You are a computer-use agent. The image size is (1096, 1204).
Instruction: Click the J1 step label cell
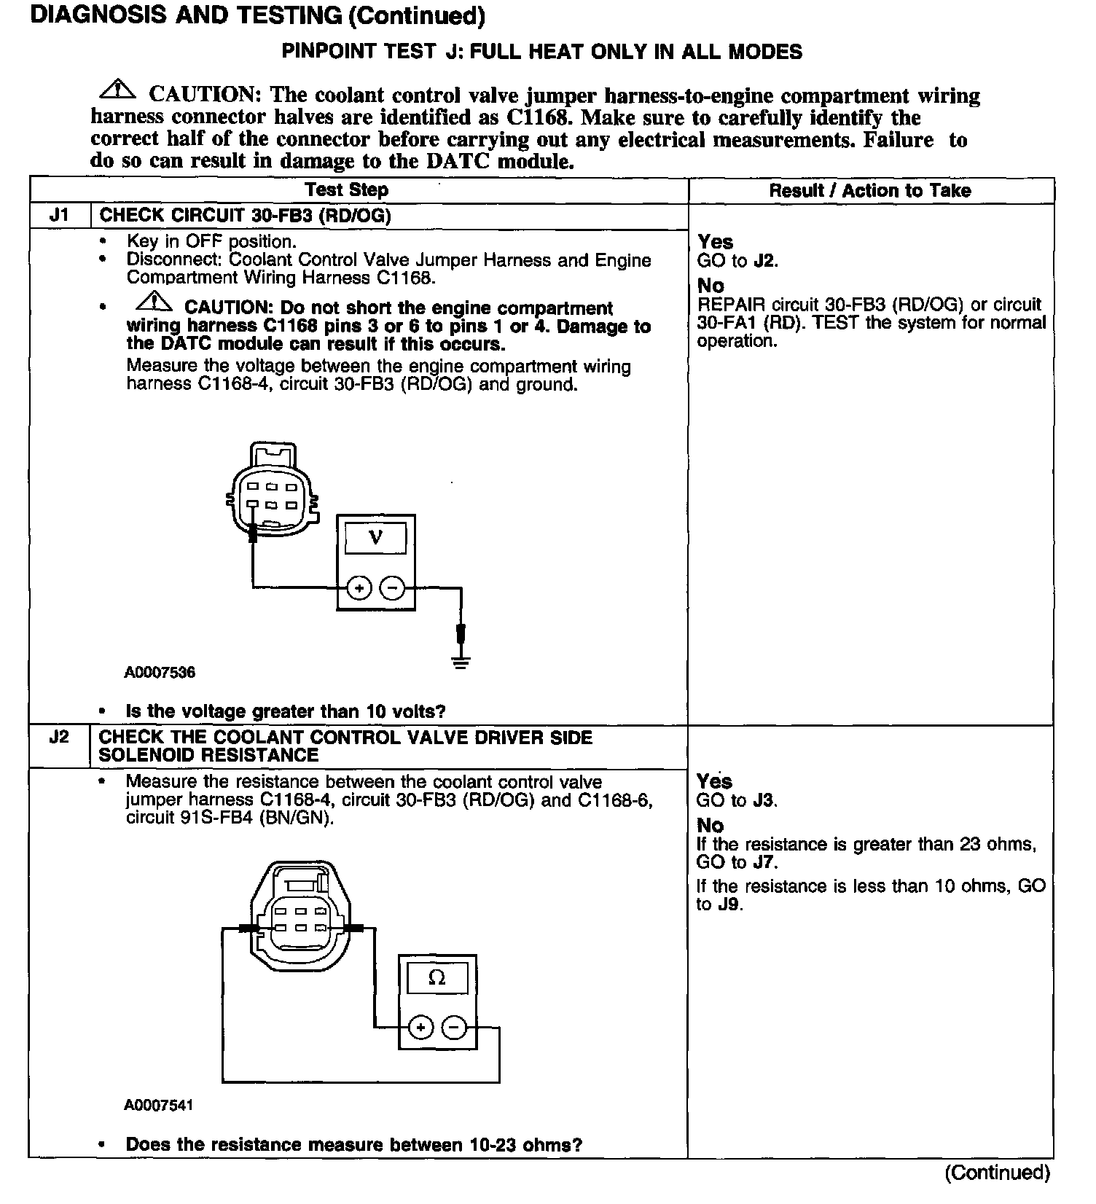pyautogui.click(x=59, y=216)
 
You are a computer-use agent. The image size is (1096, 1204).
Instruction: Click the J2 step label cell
pyautogui.click(x=59, y=737)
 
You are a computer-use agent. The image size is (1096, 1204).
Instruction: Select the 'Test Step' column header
pyautogui.click(x=346, y=190)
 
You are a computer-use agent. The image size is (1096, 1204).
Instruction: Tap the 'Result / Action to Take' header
pyautogui.click(x=870, y=191)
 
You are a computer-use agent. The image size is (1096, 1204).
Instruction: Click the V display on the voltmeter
pyautogui.click(x=376, y=538)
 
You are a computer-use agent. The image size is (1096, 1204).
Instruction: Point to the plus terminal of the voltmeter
pyautogui.click(x=359, y=587)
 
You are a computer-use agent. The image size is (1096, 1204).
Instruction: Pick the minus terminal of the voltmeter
pyautogui.click(x=393, y=587)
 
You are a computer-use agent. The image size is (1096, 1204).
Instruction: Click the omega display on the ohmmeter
pyautogui.click(x=437, y=978)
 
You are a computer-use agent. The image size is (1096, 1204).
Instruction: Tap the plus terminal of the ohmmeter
pyautogui.click(x=420, y=1028)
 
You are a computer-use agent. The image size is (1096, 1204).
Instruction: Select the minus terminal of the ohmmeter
pyautogui.click(x=455, y=1028)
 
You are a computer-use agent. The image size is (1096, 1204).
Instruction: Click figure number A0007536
pyautogui.click(x=160, y=672)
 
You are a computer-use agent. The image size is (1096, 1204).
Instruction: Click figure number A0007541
pyautogui.click(x=158, y=1105)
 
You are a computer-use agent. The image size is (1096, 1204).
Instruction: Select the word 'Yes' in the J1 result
pyautogui.click(x=716, y=242)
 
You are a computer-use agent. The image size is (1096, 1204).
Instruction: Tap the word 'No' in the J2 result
pyautogui.click(x=710, y=826)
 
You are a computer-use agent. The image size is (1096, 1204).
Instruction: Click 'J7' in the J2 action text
pyautogui.click(x=764, y=863)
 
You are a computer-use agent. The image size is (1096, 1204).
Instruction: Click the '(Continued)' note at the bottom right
pyautogui.click(x=997, y=1173)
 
